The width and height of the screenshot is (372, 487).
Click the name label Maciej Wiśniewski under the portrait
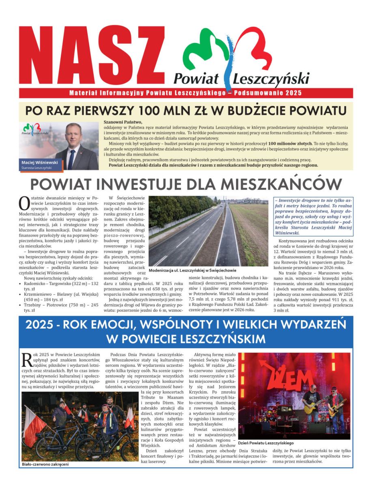39,162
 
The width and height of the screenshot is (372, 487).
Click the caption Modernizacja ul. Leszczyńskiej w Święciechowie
193,270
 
